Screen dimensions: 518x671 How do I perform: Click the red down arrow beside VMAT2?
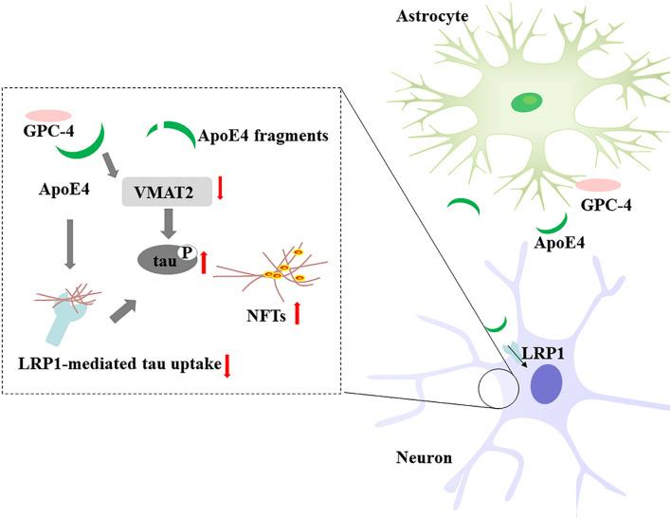click(x=220, y=187)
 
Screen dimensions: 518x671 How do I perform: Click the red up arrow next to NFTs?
click(x=297, y=310)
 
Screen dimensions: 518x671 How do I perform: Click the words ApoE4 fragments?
click(x=263, y=137)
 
